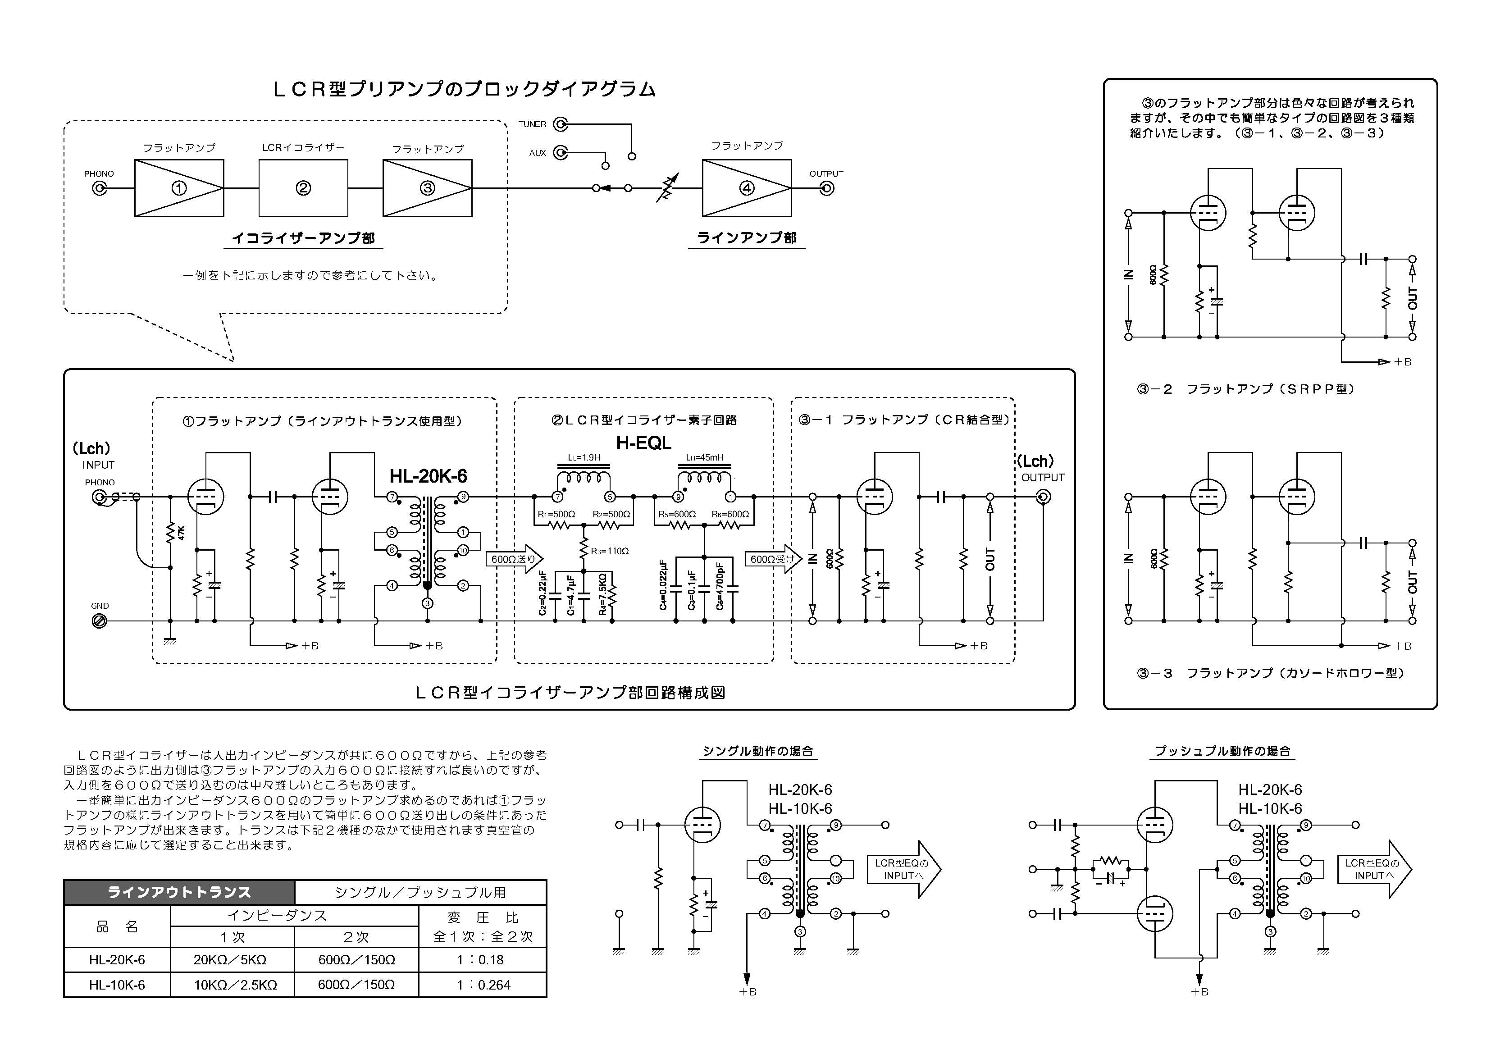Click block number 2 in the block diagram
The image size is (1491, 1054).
click(x=303, y=188)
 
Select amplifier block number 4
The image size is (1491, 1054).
click(x=747, y=188)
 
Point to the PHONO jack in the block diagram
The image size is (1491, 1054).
click(x=100, y=188)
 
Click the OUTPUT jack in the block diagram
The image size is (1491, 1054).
click(x=827, y=188)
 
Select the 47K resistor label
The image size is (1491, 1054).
click(x=182, y=533)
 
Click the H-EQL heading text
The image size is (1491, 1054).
click(x=643, y=443)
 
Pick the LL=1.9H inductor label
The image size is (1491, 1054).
click(x=584, y=458)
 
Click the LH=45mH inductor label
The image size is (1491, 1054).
click(x=705, y=458)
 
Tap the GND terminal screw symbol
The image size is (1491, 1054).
click(x=100, y=621)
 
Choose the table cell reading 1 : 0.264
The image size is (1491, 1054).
click(x=483, y=985)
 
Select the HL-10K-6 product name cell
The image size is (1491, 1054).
click(x=117, y=985)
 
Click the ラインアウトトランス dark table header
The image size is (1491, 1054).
click(x=179, y=892)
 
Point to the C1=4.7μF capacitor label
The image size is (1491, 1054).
click(x=571, y=595)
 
